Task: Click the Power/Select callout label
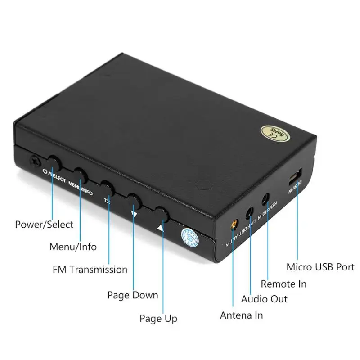coord(44,224)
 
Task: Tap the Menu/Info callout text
coord(73,247)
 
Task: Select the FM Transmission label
coord(90,270)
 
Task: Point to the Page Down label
coord(133,295)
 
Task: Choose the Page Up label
coord(158,319)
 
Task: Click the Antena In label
coord(241,315)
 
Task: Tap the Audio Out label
coord(264,299)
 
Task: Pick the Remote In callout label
coord(283,283)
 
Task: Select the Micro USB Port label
coord(320,267)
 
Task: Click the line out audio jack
coord(249,212)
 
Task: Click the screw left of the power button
coord(34,161)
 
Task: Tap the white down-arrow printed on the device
coord(134,215)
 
